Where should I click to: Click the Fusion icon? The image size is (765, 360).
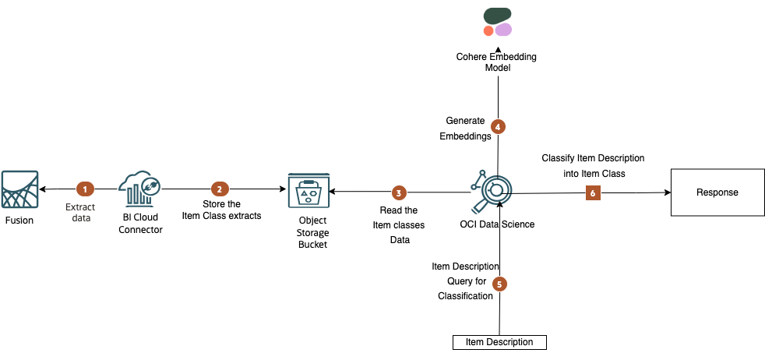(19, 189)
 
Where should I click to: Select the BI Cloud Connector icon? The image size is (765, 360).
(140, 189)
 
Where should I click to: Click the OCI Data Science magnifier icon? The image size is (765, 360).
(493, 189)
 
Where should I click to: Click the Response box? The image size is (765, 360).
(716, 192)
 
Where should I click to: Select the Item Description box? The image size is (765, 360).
(499, 342)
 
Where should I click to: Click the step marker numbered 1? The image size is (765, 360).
(85, 189)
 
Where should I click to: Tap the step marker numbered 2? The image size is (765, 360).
(220, 189)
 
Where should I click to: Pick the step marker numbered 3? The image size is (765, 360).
(399, 192)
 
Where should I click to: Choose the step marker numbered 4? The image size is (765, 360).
(498, 125)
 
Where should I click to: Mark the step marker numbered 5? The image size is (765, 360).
(499, 284)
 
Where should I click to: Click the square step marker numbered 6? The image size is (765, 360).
(594, 192)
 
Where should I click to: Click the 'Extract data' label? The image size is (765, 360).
(80, 213)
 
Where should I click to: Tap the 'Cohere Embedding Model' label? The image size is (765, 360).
(496, 62)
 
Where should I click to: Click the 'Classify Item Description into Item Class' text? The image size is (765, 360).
(593, 165)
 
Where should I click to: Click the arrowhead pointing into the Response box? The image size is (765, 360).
(667, 192)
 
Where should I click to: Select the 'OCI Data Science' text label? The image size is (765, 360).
(497, 224)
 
